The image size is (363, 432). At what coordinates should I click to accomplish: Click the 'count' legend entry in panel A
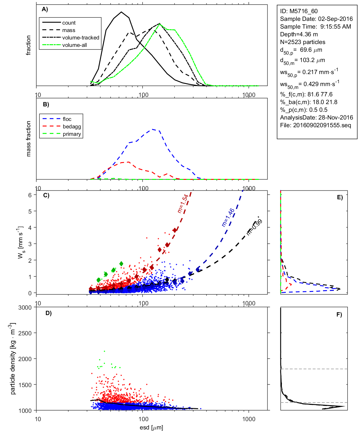point(69,23)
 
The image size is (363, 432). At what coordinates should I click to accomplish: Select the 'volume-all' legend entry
point(74,45)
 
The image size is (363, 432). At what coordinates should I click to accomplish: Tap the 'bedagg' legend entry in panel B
point(72,127)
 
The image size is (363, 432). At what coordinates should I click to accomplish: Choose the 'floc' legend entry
point(67,119)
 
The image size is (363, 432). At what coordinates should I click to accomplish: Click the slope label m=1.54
point(183,204)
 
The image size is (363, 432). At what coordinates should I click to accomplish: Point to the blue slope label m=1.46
point(228,217)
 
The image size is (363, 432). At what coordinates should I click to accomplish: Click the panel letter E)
point(340,197)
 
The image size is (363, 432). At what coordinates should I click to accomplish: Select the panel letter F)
point(339,314)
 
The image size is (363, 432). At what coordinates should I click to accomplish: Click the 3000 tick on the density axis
point(25,308)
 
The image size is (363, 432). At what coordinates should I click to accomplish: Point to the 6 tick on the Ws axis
point(30,195)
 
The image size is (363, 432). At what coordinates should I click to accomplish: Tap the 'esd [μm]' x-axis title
point(151,427)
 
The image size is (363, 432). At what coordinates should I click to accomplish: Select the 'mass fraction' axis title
point(28,139)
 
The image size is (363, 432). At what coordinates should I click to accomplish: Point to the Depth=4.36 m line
point(299,34)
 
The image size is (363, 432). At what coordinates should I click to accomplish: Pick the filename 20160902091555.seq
point(322,125)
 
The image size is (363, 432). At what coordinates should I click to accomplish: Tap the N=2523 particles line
point(302,42)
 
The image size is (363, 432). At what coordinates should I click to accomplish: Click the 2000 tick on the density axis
point(25,359)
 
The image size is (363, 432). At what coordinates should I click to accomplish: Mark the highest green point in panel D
point(105,351)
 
